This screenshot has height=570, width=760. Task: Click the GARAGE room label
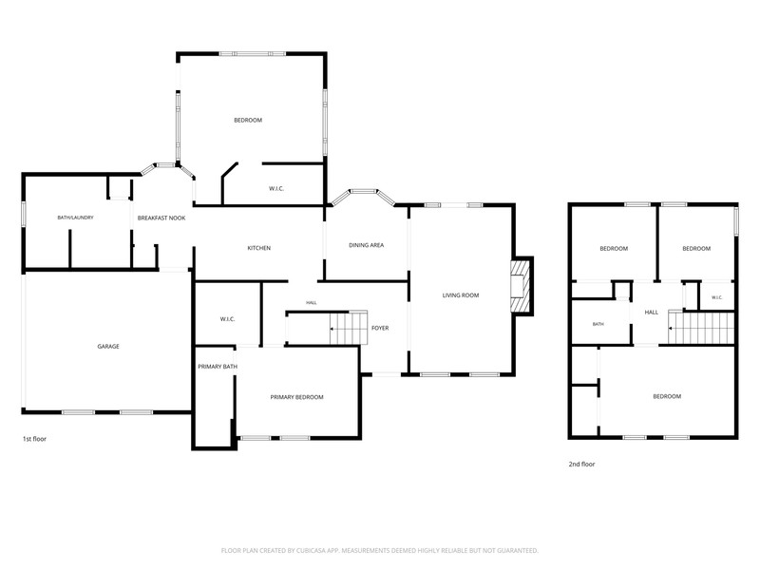tap(108, 346)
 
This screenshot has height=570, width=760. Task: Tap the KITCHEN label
tap(258, 248)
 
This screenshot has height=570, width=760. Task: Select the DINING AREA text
tap(366, 245)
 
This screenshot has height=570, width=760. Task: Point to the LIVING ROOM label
tap(461, 294)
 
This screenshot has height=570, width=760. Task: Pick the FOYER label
tap(380, 328)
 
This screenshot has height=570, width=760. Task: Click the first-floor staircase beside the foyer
tap(348, 328)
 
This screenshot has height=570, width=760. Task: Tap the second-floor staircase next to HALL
tap(701, 328)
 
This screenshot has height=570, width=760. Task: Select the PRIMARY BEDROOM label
tap(296, 397)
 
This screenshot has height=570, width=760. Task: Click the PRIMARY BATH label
tap(218, 367)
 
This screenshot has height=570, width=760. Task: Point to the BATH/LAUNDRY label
tap(75, 218)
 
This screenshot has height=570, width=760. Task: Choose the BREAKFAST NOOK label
tap(161, 218)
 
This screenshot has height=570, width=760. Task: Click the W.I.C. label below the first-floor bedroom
tap(276, 188)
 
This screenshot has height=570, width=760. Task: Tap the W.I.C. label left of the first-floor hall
tap(227, 319)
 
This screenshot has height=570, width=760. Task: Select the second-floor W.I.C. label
tap(717, 297)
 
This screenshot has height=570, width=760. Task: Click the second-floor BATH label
tap(598, 324)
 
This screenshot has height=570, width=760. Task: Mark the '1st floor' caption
tap(34, 439)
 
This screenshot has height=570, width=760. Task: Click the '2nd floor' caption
tap(581, 464)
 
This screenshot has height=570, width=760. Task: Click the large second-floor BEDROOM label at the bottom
tap(667, 396)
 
